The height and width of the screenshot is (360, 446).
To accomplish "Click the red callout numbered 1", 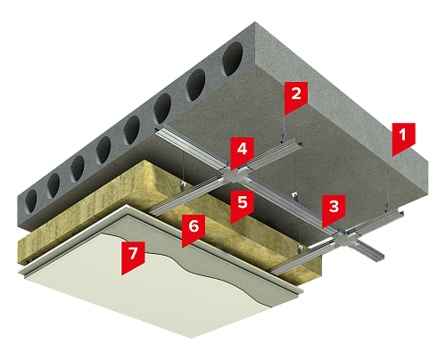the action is pos(403,136).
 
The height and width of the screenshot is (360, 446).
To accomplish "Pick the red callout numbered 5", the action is pos(242,204).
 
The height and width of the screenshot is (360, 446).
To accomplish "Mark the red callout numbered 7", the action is pos(133,255).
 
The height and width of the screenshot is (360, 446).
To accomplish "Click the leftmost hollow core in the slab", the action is pos(30,201).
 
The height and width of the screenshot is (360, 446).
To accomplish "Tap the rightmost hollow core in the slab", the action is pos(233,59).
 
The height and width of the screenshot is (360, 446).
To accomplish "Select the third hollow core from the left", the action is pos(78,168).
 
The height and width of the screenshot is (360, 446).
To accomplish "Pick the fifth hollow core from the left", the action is pos(132,130).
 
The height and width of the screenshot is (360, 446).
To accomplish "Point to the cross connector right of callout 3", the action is pos(347,239).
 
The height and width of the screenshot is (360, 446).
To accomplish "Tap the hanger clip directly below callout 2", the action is pos(283,138).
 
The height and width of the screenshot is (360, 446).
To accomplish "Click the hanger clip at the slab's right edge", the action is pos(387,207).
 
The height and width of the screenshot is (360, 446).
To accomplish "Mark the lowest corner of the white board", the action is pos(191,338).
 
